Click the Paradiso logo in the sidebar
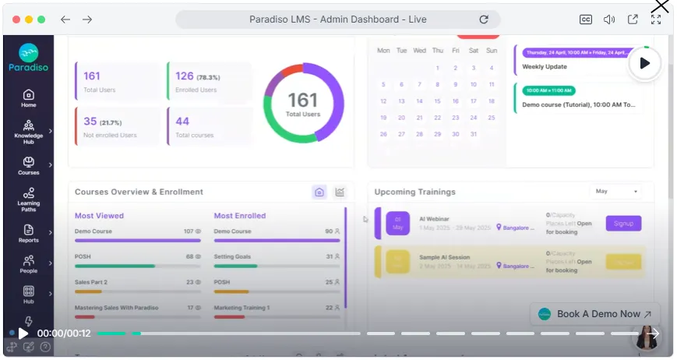[28, 57]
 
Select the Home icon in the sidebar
[28, 98]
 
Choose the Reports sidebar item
[28, 233]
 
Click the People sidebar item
[28, 264]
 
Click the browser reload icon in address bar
[484, 19]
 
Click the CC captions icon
[586, 19]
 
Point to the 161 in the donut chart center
[303, 100]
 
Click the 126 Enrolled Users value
[185, 76]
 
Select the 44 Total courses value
[182, 121]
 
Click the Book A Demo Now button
[596, 314]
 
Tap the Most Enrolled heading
[239, 216]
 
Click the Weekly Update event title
[545, 67]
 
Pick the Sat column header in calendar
[473, 51]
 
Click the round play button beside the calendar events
[644, 63]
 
